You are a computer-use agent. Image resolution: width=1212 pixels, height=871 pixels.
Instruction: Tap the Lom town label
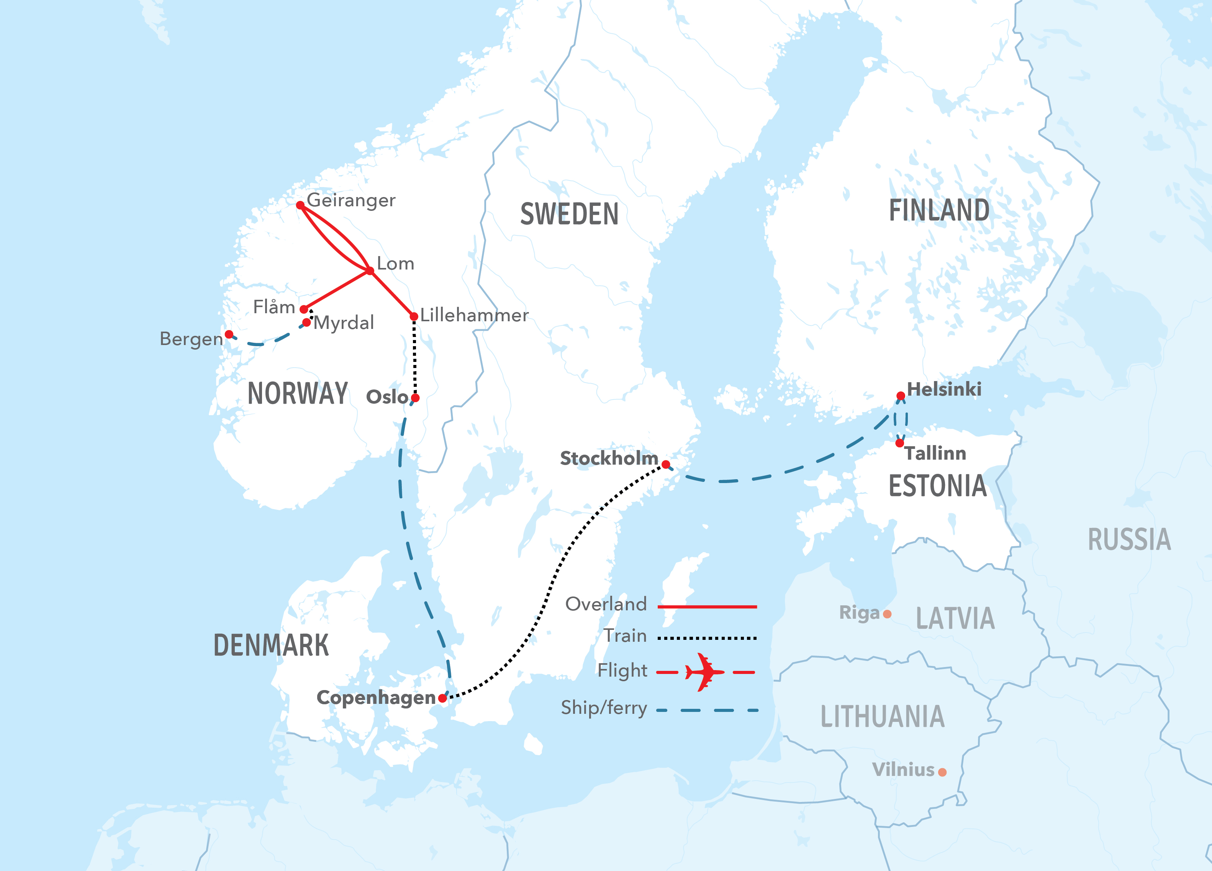(x=395, y=264)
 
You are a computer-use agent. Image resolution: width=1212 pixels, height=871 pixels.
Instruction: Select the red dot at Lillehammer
(x=414, y=317)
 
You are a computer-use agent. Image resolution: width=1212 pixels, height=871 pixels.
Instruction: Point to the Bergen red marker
(x=229, y=334)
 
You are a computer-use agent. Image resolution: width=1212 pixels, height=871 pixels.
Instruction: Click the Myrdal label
(x=344, y=323)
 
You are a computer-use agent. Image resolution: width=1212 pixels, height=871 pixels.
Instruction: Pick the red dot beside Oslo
(x=415, y=398)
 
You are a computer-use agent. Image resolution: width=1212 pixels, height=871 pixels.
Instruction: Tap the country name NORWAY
(x=298, y=394)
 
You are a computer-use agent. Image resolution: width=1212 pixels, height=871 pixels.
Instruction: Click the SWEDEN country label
(x=569, y=214)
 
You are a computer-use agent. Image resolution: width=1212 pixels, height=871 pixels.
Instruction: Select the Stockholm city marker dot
(x=666, y=464)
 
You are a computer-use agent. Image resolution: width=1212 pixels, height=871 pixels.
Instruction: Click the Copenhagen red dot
(x=442, y=698)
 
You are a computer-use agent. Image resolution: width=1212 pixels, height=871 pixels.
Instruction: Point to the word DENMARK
(x=271, y=645)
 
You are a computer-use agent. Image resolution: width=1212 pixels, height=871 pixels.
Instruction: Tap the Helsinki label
(x=944, y=389)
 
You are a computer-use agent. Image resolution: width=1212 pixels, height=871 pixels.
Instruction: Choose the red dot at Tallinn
(x=900, y=443)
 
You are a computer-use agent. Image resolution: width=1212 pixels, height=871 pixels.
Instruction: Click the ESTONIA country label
(x=937, y=486)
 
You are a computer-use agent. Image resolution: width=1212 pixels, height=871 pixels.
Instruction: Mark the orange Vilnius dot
(x=942, y=772)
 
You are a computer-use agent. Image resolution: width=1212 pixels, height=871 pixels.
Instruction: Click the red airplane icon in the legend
(x=705, y=672)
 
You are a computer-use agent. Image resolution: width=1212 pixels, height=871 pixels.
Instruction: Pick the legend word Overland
(x=606, y=604)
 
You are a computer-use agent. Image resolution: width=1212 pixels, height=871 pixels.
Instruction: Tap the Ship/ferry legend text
(x=604, y=708)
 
